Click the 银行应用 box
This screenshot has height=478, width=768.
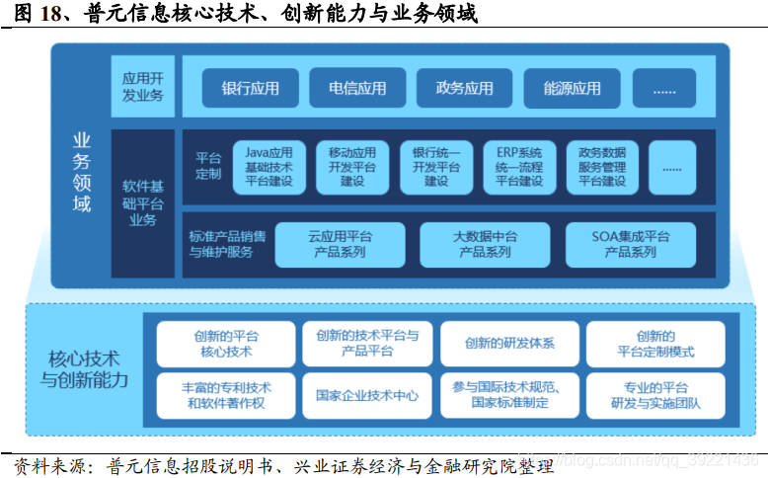point(251,88)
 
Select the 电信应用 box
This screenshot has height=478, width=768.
point(357,88)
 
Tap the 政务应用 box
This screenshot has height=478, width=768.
point(464,88)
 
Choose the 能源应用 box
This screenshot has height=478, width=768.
point(572,88)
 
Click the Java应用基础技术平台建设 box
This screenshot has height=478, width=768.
point(269,167)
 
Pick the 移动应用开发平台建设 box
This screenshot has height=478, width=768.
point(352,167)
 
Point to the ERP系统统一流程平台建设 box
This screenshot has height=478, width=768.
point(519,167)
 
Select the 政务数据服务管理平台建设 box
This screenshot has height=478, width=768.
point(602,167)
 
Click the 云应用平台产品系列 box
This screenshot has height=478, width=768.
point(340,244)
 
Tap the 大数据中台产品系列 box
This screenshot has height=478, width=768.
point(485,244)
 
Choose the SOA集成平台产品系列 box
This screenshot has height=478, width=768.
point(631,244)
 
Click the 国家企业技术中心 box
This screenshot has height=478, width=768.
point(367,395)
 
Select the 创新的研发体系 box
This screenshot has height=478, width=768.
point(509,344)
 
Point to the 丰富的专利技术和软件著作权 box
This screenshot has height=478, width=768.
point(226,395)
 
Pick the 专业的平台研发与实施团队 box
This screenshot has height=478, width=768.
point(655,395)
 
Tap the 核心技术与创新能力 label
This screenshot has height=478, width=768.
point(84,368)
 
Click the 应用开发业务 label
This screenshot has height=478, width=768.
point(143,87)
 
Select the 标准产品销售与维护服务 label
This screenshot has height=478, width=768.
point(227,244)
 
